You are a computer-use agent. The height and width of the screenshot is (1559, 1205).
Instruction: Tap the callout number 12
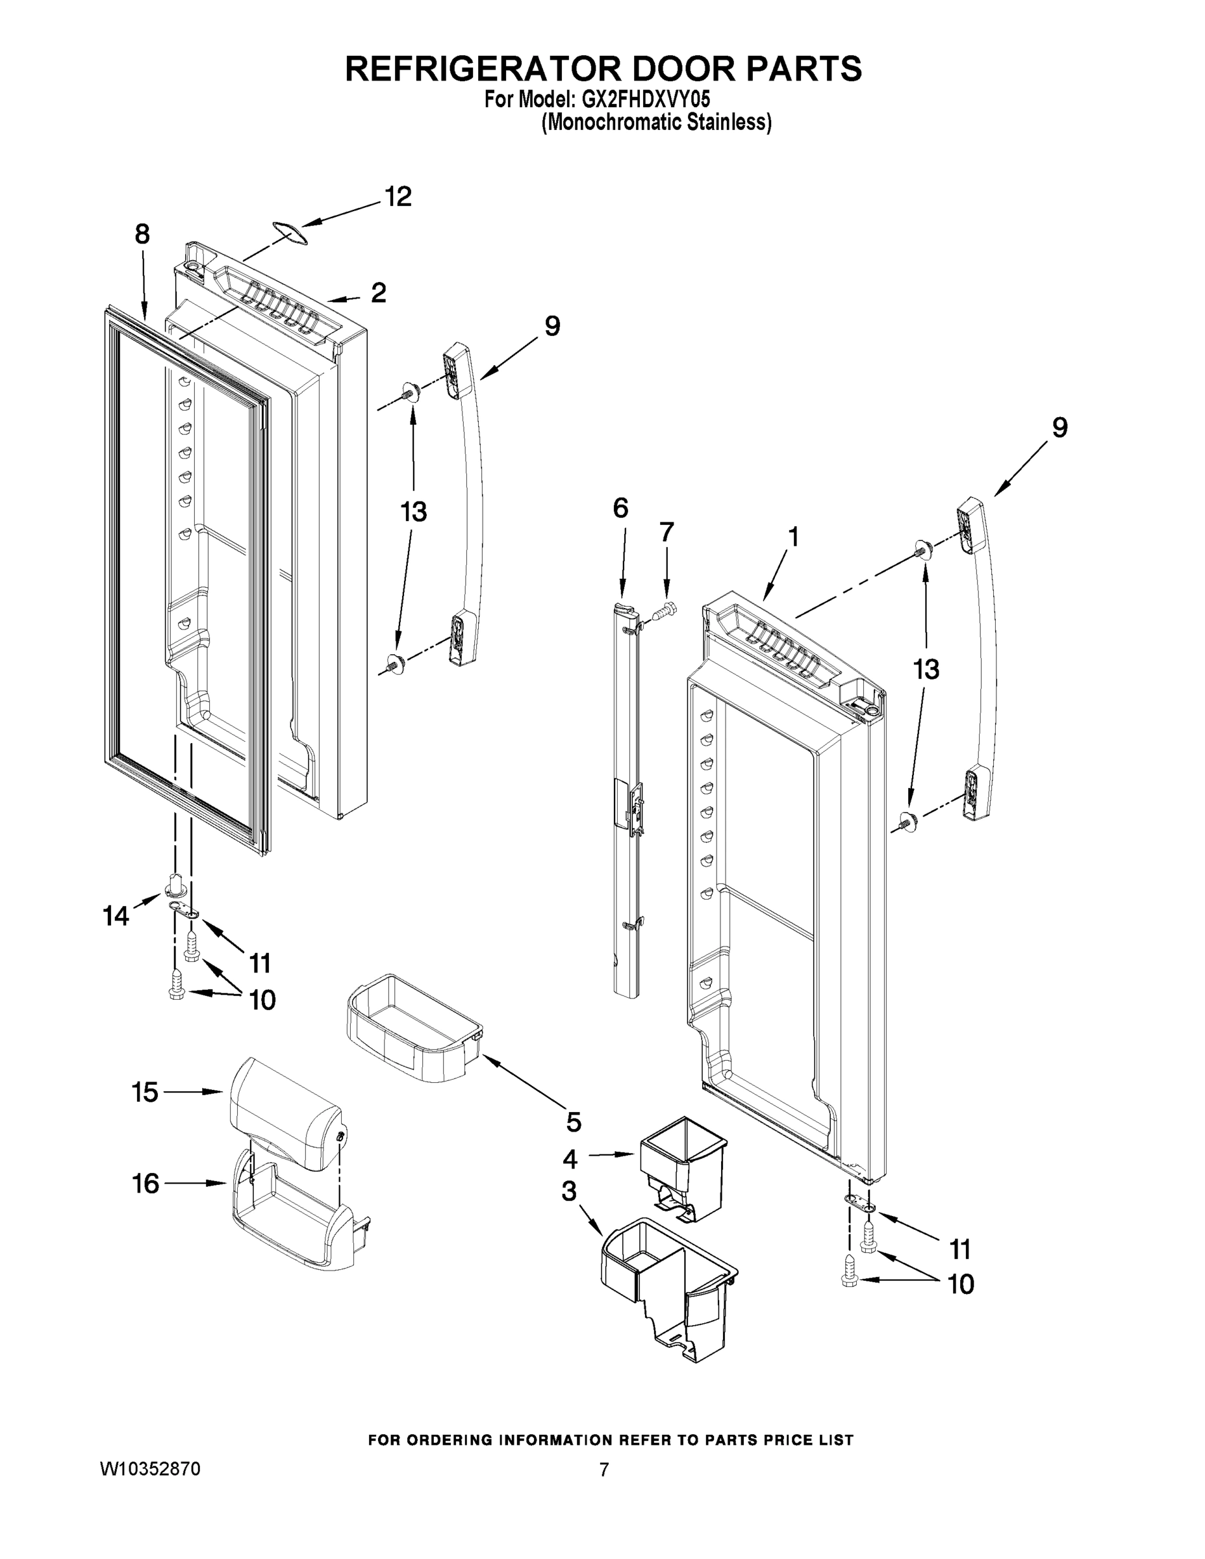(x=398, y=197)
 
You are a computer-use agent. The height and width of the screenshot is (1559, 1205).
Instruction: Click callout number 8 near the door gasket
(x=142, y=234)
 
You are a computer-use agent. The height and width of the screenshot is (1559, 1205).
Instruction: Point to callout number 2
(x=378, y=293)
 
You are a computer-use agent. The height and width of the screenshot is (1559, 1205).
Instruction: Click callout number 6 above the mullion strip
(x=620, y=508)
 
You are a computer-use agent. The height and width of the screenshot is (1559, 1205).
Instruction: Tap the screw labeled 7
(x=665, y=611)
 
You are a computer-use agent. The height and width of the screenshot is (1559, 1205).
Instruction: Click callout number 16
(x=146, y=1184)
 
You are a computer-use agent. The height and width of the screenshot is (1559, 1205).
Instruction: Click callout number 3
(x=569, y=1191)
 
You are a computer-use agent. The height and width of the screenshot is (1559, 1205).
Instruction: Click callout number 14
(x=116, y=916)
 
